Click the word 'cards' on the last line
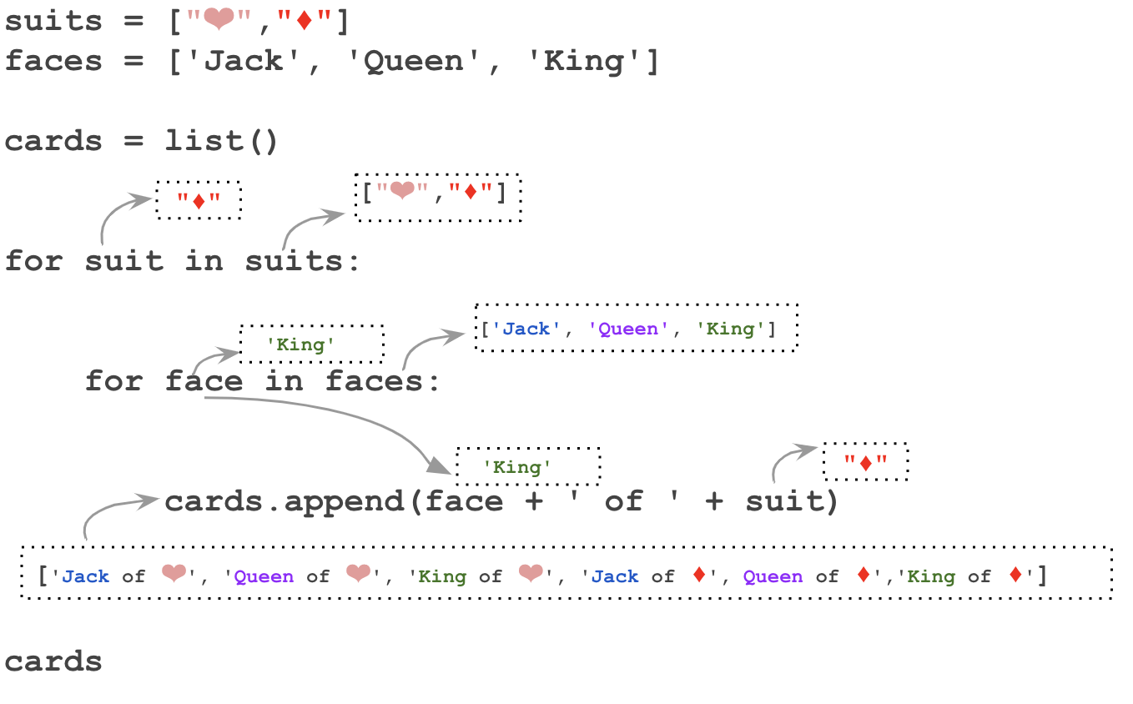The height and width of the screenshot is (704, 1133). point(53,661)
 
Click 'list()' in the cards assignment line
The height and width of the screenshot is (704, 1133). point(221,141)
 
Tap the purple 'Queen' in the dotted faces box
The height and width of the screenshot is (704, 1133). point(628,329)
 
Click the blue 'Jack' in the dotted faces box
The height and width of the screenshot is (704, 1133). point(526,329)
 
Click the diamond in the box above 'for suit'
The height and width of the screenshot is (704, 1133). point(199,201)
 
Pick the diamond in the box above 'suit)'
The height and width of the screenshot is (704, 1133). point(865,463)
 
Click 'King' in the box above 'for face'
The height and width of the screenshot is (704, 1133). point(300,344)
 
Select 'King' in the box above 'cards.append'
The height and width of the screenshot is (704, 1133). point(517,466)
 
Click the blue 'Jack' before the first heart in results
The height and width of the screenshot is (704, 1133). point(86,576)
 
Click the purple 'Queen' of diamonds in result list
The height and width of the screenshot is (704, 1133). point(773,576)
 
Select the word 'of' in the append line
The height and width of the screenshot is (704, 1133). point(623,501)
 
